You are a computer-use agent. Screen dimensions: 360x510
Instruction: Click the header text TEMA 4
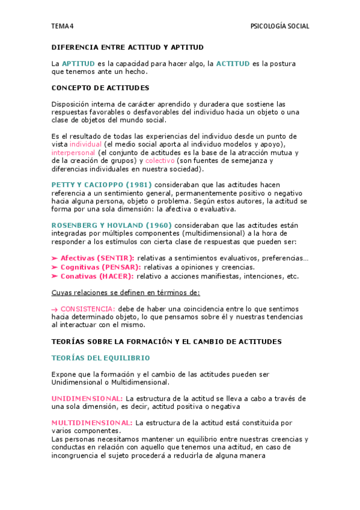[63, 26]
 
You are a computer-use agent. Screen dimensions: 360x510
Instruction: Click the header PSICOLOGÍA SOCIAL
[279, 26]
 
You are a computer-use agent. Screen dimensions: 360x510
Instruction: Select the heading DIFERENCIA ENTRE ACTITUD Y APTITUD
[127, 47]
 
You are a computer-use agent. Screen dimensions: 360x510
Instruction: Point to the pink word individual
[85, 144]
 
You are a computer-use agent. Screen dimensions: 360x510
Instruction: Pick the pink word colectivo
[160, 161]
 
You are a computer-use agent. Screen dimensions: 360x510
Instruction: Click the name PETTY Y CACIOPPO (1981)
[102, 184]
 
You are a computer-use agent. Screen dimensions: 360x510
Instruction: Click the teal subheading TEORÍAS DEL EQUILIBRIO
[100, 358]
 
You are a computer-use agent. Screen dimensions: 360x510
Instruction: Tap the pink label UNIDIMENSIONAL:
[87, 399]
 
